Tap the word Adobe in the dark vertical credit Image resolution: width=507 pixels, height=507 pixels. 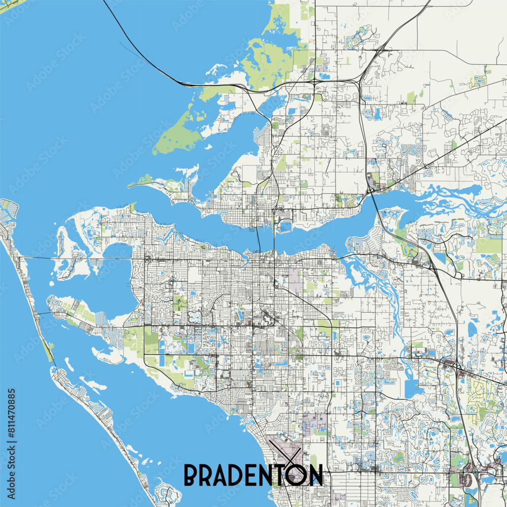click(12, 482)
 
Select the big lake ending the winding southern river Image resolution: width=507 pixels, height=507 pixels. click(413, 388)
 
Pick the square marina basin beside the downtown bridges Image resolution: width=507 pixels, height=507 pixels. click(286, 226)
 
